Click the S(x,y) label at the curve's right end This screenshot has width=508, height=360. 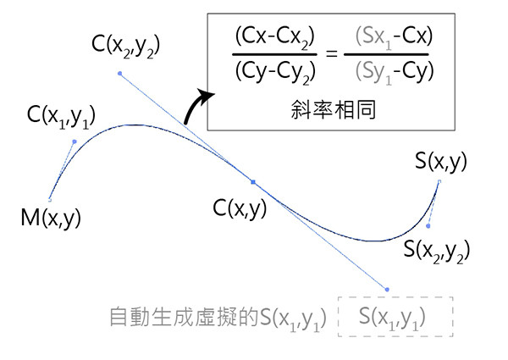440,161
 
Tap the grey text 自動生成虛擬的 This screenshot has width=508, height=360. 185,317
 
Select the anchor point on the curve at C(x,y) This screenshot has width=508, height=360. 252,181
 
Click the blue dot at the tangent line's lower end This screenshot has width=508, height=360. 387,290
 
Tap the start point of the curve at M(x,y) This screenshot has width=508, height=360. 50,200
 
